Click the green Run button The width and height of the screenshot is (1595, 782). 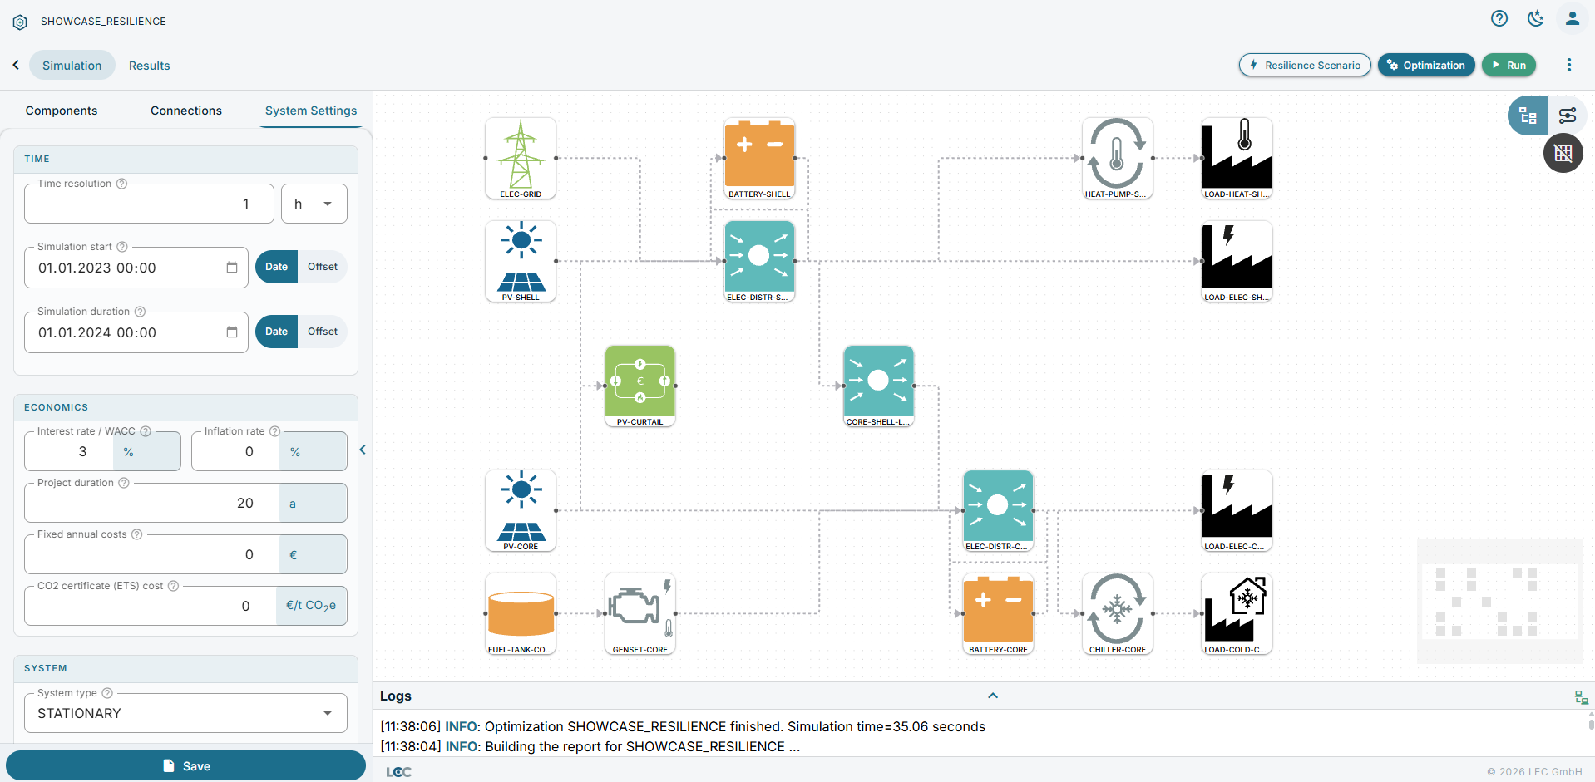click(x=1509, y=65)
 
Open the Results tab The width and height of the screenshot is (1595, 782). click(x=149, y=66)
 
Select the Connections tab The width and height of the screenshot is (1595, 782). click(x=186, y=111)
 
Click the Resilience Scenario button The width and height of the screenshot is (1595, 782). click(x=1305, y=65)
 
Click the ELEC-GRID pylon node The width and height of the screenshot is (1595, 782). click(x=521, y=158)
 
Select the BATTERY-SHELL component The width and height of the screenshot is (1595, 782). click(x=760, y=158)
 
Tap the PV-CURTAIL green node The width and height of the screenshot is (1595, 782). click(x=640, y=386)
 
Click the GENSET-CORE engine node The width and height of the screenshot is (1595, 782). click(x=640, y=613)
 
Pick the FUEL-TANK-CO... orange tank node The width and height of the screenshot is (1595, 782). click(x=521, y=613)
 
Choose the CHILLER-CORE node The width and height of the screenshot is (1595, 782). click(x=1118, y=613)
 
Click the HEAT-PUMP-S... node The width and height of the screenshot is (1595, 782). click(x=1118, y=158)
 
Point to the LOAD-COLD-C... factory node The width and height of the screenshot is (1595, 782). click(x=1237, y=613)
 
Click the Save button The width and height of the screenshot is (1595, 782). click(x=185, y=765)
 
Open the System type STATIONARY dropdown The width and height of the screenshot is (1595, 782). click(x=185, y=713)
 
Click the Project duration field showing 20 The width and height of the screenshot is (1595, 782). click(x=151, y=503)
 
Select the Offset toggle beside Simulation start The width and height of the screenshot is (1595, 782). click(x=323, y=267)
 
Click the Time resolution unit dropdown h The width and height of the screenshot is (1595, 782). click(x=314, y=204)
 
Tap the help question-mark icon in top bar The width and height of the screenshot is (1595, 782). click(x=1499, y=18)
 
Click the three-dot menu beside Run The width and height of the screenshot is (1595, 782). click(x=1569, y=65)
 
